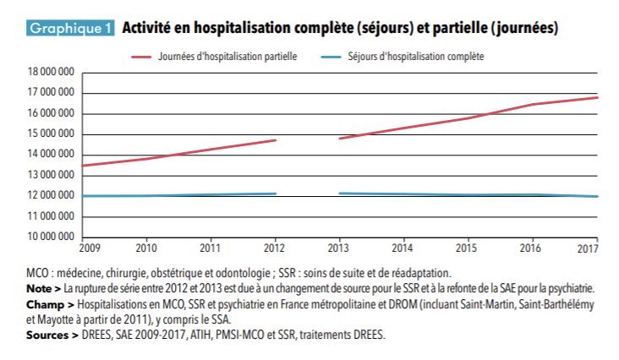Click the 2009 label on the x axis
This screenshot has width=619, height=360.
[88, 248]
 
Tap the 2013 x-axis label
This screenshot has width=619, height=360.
[339, 248]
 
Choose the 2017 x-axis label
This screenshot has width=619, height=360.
[588, 248]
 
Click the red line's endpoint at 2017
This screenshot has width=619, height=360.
[598, 97]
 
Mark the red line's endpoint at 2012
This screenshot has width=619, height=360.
[276, 140]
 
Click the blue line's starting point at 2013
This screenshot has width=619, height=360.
[339, 194]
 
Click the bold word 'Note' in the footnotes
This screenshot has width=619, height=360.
[38, 287]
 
